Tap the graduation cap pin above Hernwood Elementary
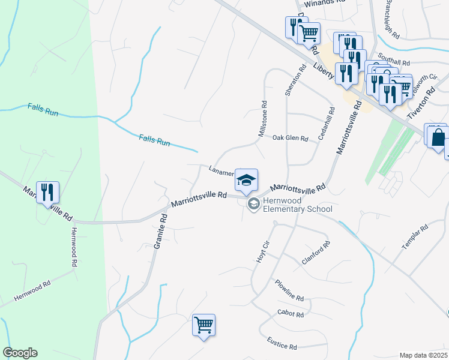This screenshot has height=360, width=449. point(246,180)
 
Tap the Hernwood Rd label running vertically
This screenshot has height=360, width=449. point(74,247)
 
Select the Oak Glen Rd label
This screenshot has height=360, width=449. point(290,139)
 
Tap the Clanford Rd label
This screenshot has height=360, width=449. point(316,253)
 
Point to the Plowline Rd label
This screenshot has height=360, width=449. point(289,290)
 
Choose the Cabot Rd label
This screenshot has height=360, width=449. point(291,314)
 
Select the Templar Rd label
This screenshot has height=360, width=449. point(415,238)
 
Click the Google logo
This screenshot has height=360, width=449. point(20,353)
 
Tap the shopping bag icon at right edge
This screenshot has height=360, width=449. point(437,137)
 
